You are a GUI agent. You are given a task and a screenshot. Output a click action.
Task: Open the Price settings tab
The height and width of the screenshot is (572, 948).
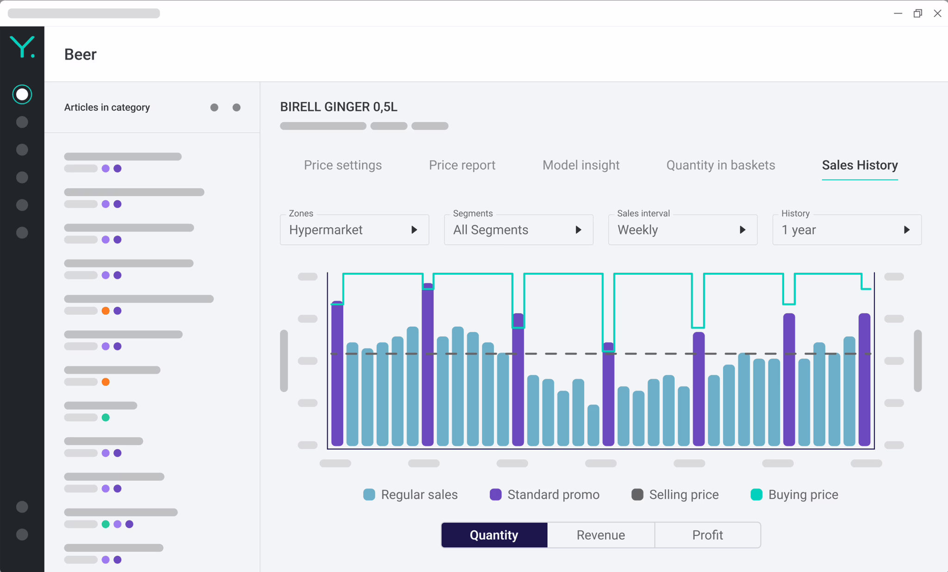pos(343,165)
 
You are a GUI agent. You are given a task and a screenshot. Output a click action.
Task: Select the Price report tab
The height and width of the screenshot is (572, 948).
pos(462,165)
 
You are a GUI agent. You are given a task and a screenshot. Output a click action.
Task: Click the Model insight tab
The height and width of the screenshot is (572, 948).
pos(580,165)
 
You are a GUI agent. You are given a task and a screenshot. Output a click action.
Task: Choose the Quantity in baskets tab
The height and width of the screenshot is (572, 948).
pos(720,165)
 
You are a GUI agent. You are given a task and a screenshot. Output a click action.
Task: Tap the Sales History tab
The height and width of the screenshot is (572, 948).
pos(860,165)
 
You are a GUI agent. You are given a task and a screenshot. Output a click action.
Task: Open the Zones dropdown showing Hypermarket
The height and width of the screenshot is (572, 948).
pos(354,230)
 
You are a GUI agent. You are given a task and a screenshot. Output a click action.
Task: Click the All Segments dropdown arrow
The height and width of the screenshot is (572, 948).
pos(578,230)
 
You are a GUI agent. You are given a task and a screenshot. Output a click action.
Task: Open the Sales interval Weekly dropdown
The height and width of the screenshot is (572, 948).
pos(682,230)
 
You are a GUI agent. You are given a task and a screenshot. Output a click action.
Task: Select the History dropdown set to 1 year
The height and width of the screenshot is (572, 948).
pos(847,230)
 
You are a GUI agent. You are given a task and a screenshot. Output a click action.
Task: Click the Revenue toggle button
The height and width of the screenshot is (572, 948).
pos(600,535)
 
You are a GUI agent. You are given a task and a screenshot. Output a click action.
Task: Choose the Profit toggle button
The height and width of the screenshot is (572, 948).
pos(707,535)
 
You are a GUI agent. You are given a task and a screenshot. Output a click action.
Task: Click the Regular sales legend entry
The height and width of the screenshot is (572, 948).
pos(410,495)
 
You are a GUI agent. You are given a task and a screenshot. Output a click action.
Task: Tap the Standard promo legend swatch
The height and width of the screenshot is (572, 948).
pos(495,495)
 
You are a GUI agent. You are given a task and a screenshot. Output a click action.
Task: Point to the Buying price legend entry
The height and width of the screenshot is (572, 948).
pos(794,495)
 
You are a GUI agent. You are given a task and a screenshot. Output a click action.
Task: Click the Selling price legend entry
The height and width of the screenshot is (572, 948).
pos(675,495)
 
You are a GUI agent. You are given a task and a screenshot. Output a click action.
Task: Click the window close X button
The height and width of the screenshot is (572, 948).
pos(937,13)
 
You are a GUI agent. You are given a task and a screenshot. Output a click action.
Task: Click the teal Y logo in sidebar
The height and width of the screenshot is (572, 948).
pos(22,47)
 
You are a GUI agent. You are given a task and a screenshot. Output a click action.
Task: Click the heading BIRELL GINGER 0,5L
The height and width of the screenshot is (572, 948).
pos(338,107)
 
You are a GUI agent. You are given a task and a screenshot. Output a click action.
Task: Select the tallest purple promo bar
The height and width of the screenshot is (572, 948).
pos(428,366)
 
